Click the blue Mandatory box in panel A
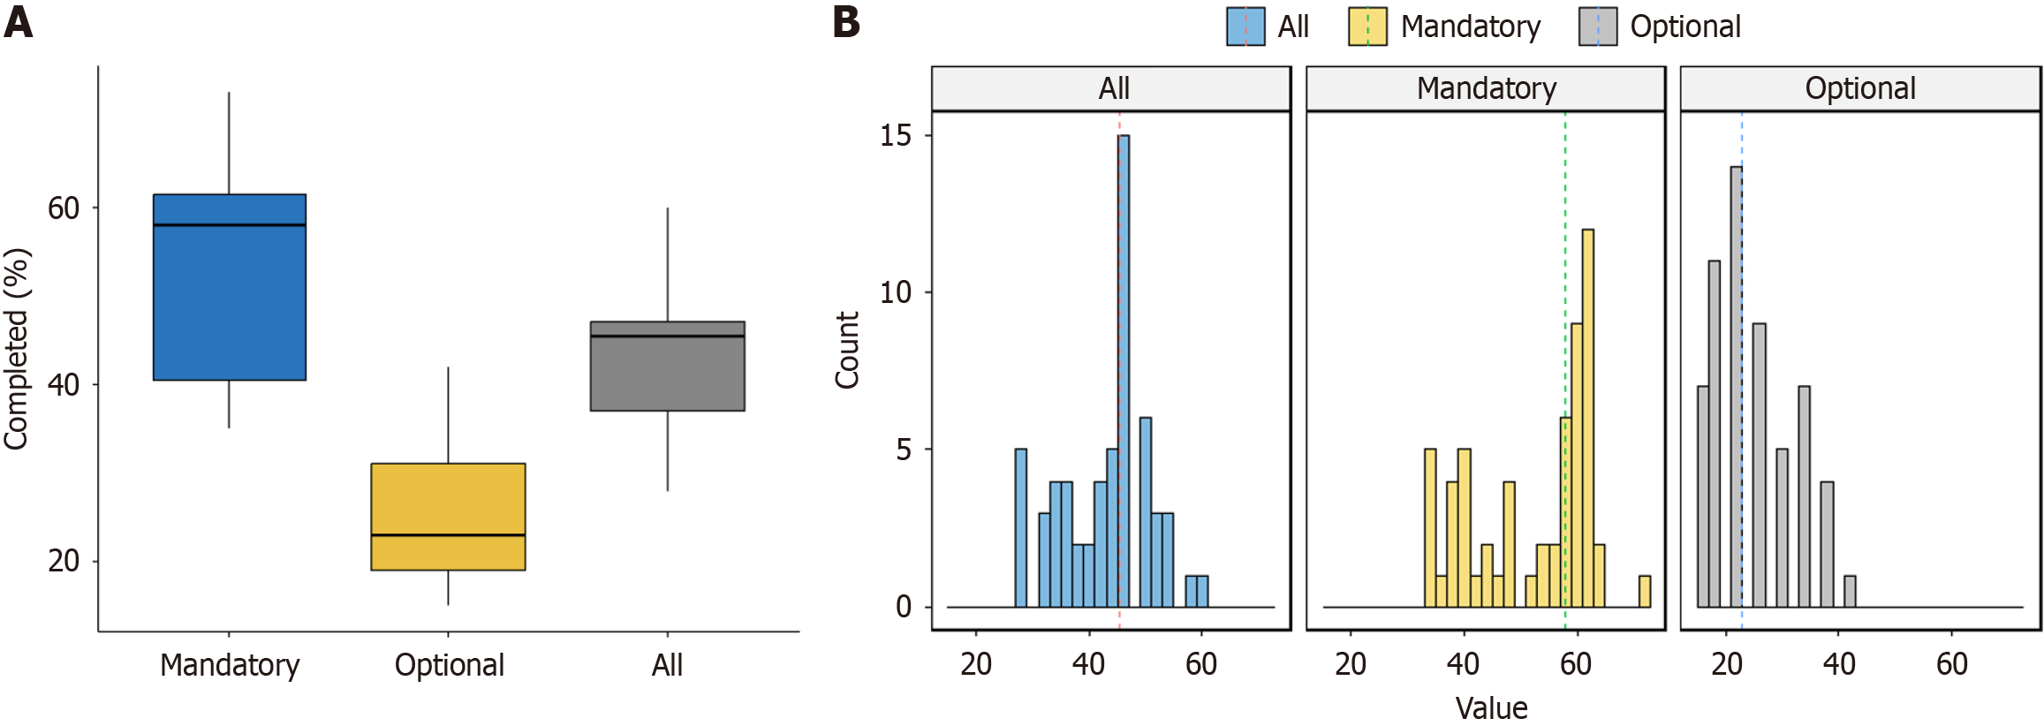[x=230, y=287]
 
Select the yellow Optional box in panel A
[x=448, y=517]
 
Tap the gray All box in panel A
[x=667, y=366]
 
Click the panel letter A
[x=19, y=23]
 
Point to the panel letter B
[x=846, y=23]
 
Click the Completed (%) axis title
[x=17, y=349]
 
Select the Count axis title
[x=847, y=350]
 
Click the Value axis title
[x=1491, y=708]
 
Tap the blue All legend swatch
[x=1245, y=26]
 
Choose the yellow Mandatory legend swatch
[x=1367, y=26]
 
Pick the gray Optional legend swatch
[x=1598, y=26]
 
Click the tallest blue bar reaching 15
[x=1124, y=371]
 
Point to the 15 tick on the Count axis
[x=896, y=135]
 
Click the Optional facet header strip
[x=1860, y=88]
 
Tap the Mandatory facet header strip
[x=1486, y=88]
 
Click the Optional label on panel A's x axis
[x=449, y=665]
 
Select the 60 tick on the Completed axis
[x=64, y=208]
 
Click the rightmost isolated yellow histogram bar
[x=1644, y=591]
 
